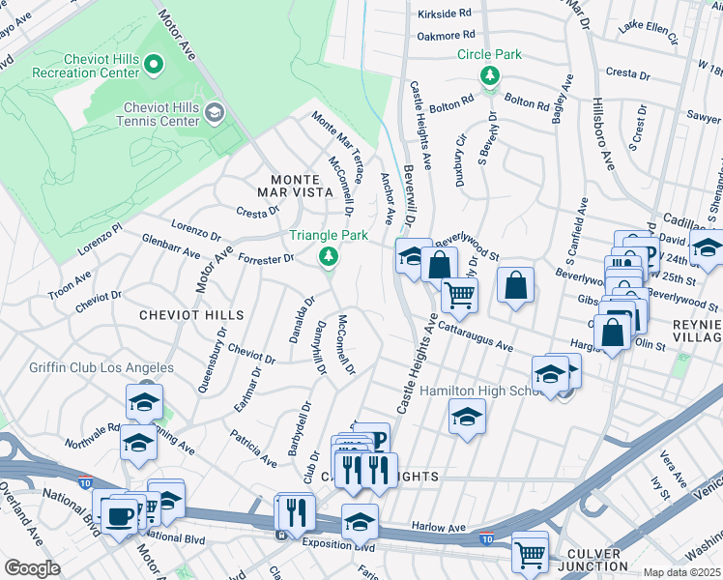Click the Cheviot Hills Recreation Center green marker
click(x=154, y=65)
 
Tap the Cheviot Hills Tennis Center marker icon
click(x=214, y=112)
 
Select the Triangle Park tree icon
click(x=329, y=255)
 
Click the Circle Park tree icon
click(x=490, y=74)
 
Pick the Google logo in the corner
click(x=31, y=568)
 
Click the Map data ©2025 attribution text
click(x=681, y=572)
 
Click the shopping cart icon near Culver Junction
click(x=530, y=554)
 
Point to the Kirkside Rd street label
click(x=445, y=14)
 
